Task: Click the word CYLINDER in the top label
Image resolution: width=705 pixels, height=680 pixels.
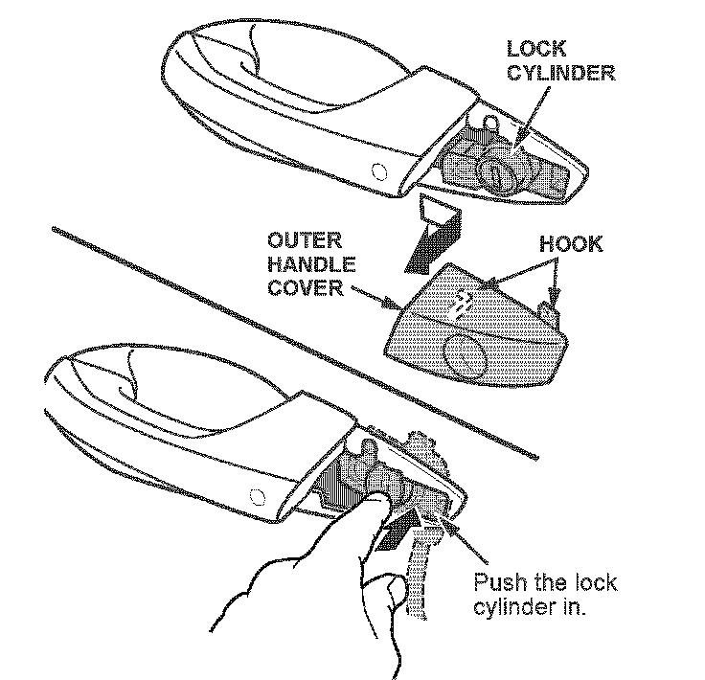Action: point(560,73)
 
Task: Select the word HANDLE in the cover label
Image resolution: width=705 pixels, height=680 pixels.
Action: point(309,264)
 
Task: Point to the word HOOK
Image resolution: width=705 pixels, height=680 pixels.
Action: point(571,244)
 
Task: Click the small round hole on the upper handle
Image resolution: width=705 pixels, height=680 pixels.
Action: point(378,172)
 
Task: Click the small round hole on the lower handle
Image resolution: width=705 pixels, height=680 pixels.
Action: point(255,495)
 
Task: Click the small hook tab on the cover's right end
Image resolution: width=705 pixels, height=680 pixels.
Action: point(551,312)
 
